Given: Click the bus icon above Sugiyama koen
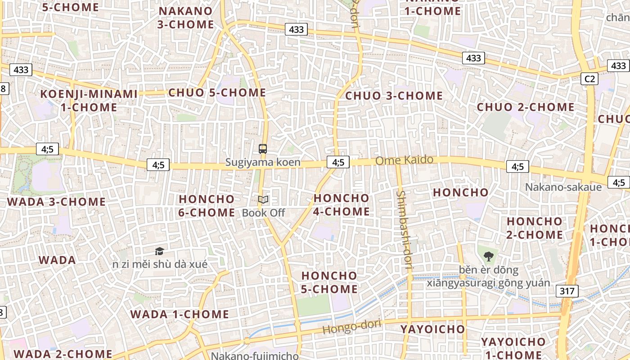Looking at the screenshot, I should [x=263, y=149].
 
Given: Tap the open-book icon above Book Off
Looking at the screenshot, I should [x=263, y=199].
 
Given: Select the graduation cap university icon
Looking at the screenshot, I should [x=159, y=251].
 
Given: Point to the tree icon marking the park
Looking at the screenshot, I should [x=488, y=257].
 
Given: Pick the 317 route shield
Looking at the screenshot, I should [x=567, y=291].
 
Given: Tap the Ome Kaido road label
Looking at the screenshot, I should [x=404, y=160].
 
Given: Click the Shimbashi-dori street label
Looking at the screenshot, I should [x=404, y=230].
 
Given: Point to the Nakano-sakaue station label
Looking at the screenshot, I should [x=563, y=187].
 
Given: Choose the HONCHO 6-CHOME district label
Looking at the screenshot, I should [x=207, y=206].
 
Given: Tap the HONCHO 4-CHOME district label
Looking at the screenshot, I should [x=342, y=205].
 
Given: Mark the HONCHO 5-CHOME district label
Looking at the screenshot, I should [x=329, y=282].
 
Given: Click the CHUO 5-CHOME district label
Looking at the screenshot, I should [x=217, y=93].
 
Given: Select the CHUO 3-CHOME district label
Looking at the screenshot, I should [x=394, y=96].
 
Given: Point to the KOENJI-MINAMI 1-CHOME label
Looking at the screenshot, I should [x=89, y=100].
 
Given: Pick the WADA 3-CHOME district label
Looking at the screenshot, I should [x=56, y=202].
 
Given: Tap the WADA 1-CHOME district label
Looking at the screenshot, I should [x=180, y=314].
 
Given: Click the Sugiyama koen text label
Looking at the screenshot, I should [x=263, y=162].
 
